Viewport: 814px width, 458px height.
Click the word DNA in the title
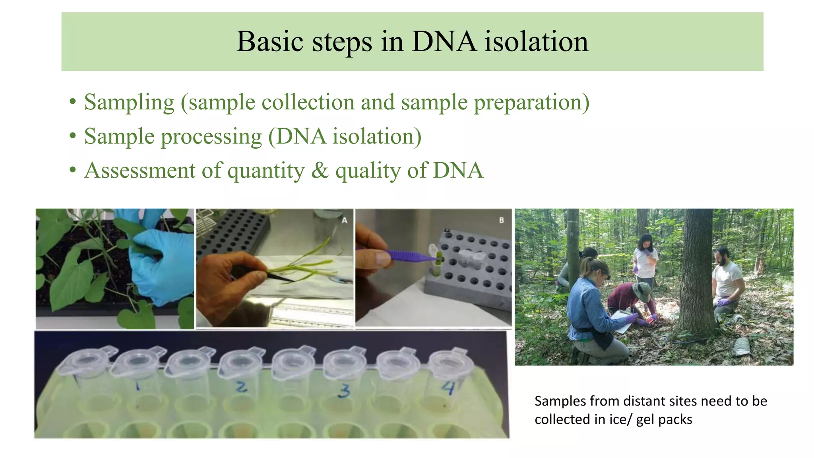(x=444, y=42)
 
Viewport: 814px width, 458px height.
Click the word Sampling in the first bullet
(x=129, y=103)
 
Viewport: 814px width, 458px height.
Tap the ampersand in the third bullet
(x=320, y=171)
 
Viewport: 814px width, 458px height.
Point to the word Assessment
(x=140, y=171)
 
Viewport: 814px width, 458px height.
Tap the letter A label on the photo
(x=344, y=220)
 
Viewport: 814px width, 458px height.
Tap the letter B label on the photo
(x=501, y=220)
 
